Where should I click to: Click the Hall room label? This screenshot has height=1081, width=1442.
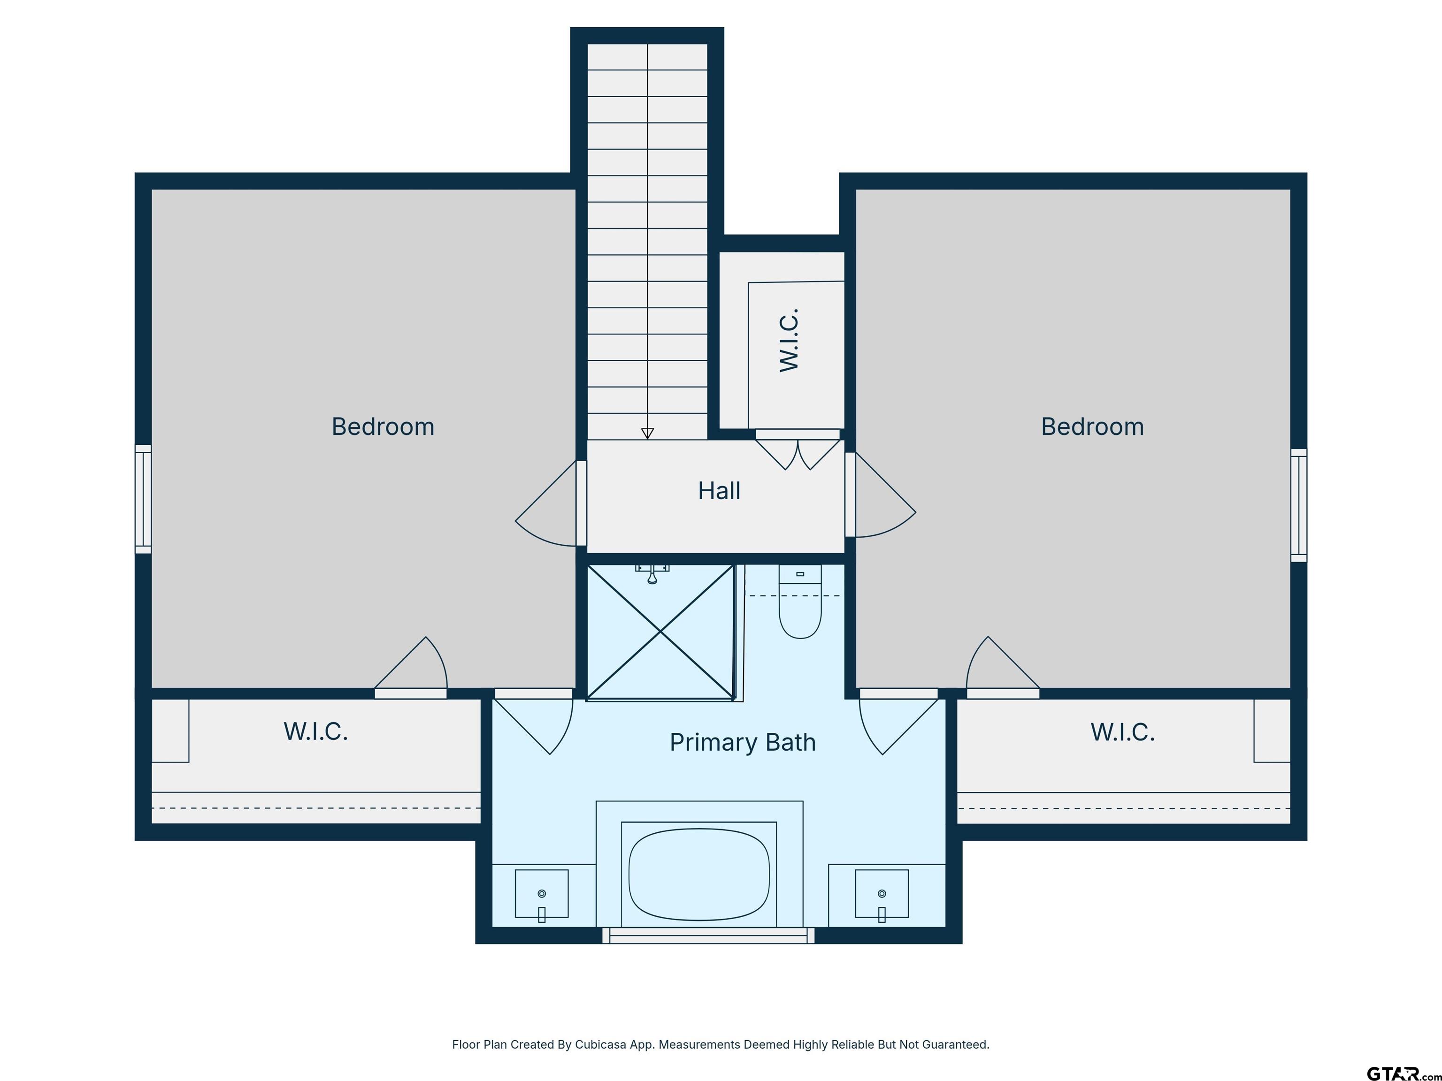[x=719, y=491]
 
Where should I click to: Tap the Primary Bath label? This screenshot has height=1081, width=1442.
[x=743, y=742]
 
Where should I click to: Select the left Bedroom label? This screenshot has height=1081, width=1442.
[x=383, y=427]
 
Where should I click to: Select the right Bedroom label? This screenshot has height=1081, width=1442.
[x=1093, y=427]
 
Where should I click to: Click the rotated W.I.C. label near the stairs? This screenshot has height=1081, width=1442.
[x=790, y=341]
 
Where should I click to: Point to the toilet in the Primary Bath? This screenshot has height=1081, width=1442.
[x=800, y=601]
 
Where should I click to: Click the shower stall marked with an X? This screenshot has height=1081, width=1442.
[x=661, y=632]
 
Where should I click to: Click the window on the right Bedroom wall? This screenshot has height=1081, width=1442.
[x=1298, y=505]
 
